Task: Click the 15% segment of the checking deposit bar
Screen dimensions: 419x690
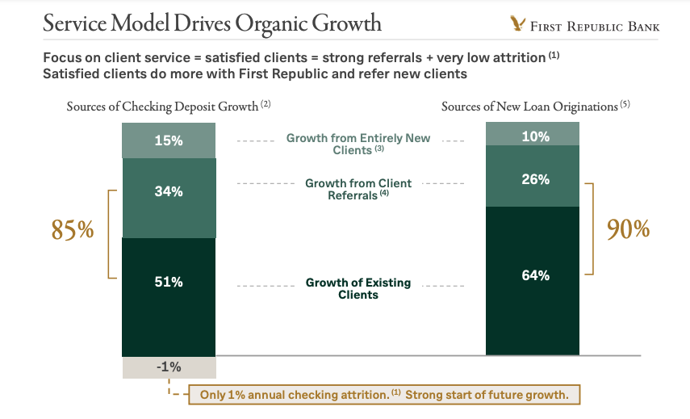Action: [169, 140]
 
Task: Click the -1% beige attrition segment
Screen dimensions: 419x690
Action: [169, 367]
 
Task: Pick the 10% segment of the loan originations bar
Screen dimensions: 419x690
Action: [533, 136]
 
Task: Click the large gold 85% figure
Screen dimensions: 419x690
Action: [73, 231]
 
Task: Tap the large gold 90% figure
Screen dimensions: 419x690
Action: [628, 229]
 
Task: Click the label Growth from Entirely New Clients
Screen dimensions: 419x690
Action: [358, 144]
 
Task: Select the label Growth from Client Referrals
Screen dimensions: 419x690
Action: [358, 189]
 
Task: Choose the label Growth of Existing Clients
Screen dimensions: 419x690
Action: [358, 288]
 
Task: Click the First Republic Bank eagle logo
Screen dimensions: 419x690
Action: [517, 24]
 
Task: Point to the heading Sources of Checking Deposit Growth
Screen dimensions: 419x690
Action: [168, 107]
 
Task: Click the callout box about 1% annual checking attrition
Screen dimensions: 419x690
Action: [383, 395]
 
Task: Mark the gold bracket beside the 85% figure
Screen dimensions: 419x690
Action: [111, 234]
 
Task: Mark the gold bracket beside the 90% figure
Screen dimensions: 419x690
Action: [591, 228]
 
